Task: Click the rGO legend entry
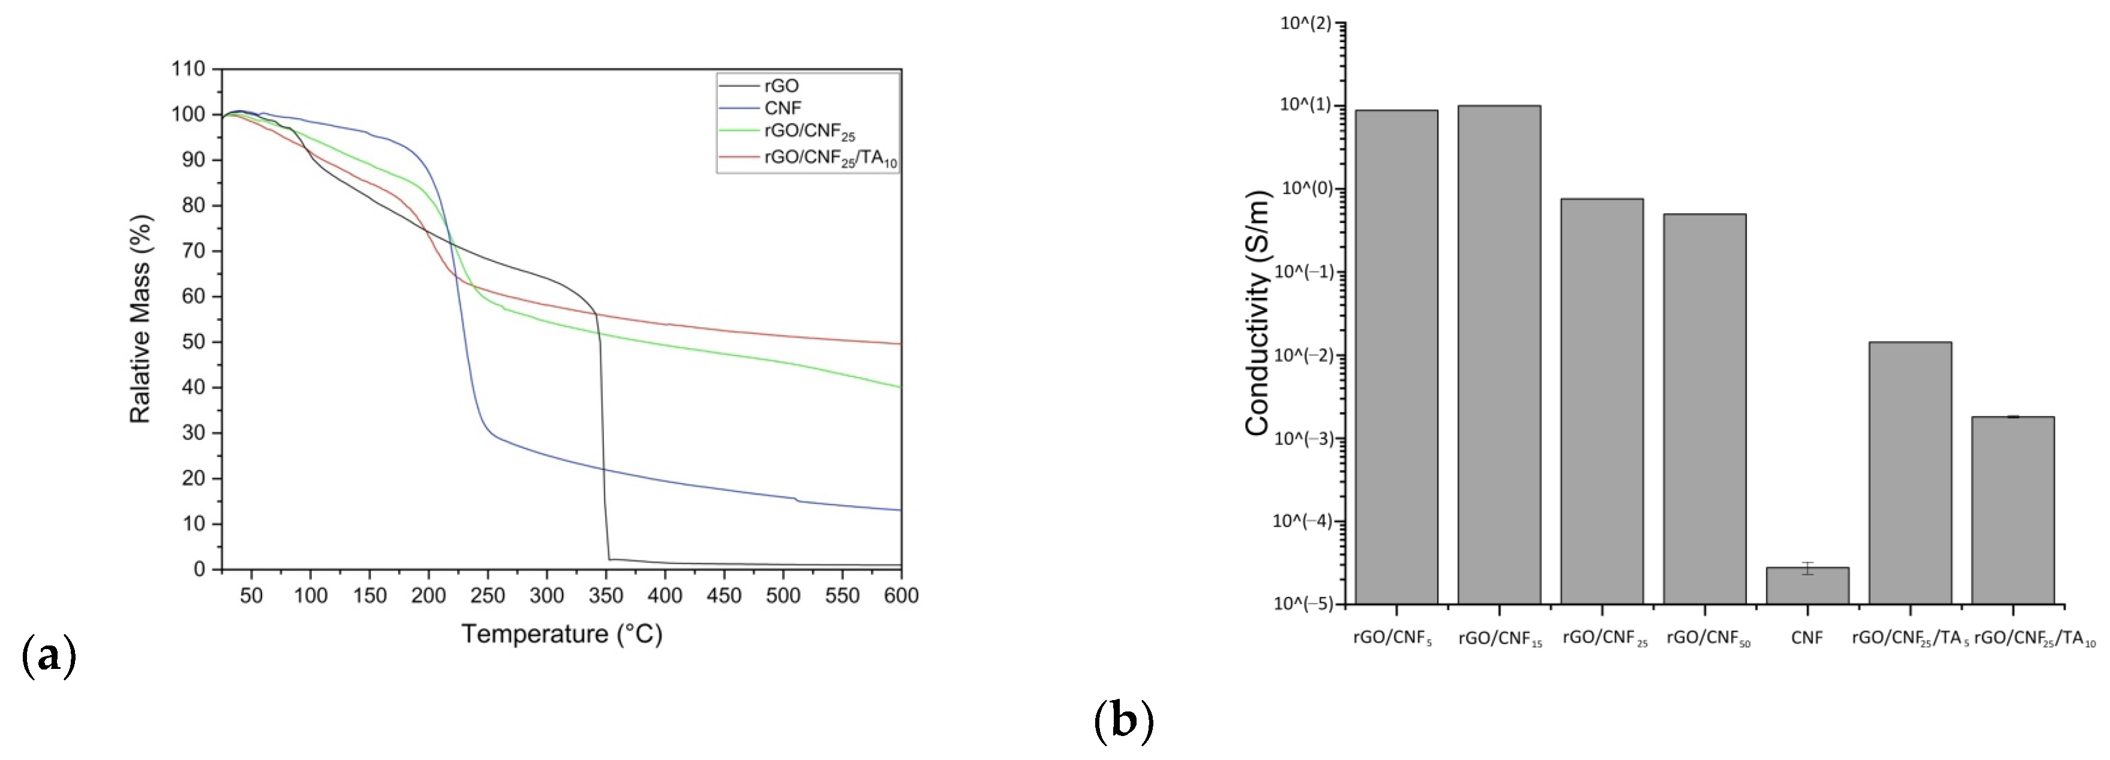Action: coord(780,86)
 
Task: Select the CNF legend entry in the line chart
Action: coord(782,108)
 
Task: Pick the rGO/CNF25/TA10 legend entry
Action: coord(829,158)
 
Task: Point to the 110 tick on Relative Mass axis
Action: coord(188,69)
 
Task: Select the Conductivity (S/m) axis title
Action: coord(1257,313)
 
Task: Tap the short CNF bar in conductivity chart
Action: coord(1807,586)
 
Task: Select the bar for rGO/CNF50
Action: coord(1705,409)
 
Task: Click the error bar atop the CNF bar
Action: coord(1807,568)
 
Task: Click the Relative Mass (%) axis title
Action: coord(140,319)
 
